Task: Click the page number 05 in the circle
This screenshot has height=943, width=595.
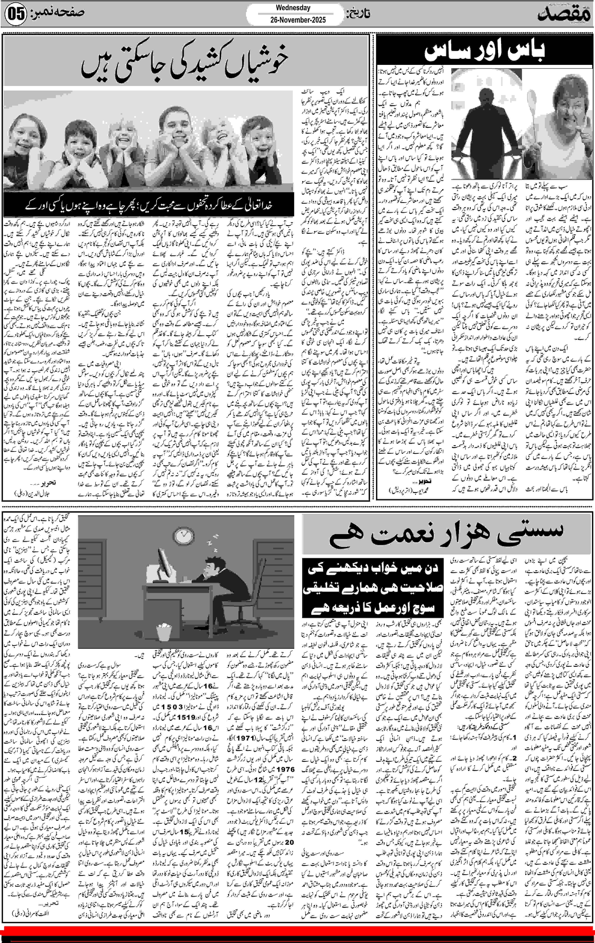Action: [x=16, y=15]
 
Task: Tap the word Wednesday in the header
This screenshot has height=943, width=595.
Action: [x=293, y=7]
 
